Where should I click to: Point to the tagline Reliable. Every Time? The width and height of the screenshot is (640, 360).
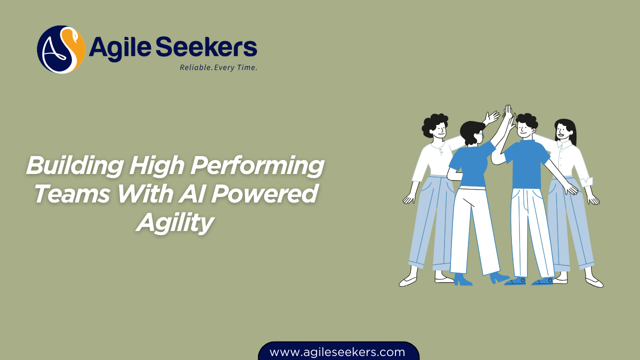click(218, 67)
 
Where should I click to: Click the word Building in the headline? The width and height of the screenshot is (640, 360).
click(73, 165)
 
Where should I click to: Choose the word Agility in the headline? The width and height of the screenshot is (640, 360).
click(175, 222)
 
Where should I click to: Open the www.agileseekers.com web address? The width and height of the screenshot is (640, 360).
click(337, 352)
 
